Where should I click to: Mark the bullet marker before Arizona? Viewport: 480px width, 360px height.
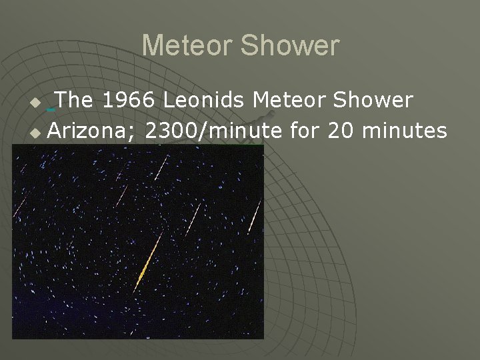pos(37,134)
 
